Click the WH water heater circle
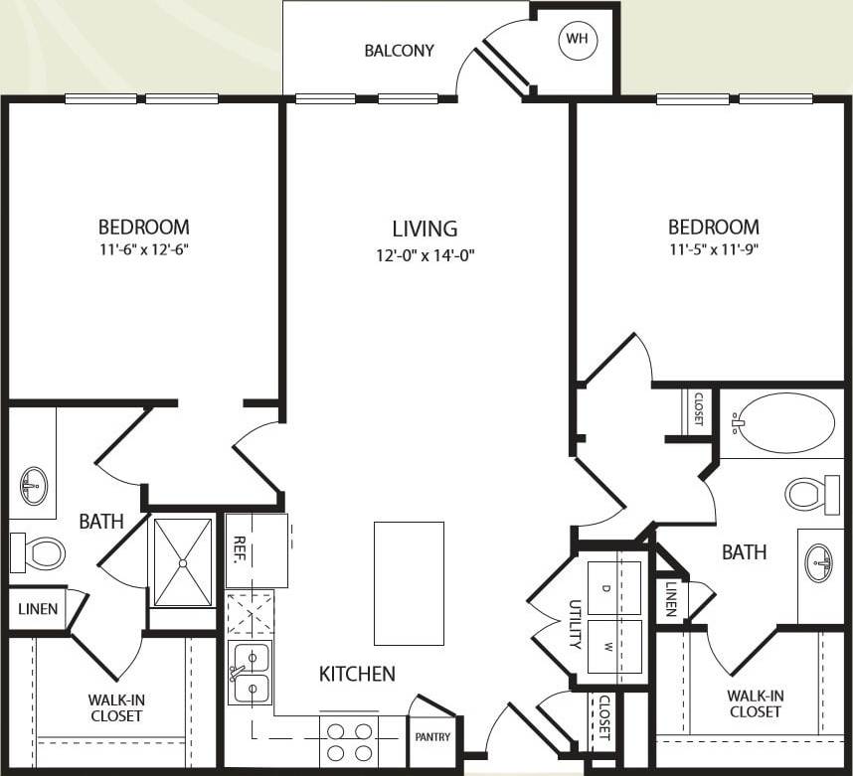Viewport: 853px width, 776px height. (577, 39)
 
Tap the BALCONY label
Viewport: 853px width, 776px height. (399, 51)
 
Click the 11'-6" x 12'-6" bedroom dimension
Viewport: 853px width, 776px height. (143, 250)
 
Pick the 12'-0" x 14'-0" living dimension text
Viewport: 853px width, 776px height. (425, 254)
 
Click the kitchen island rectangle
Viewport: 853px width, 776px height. (409, 583)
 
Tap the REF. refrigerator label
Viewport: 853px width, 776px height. (239, 550)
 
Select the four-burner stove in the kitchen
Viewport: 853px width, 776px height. (350, 741)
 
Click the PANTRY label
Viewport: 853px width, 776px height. (433, 737)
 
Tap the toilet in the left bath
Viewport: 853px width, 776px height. (37, 552)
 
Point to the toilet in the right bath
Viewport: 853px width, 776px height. (812, 494)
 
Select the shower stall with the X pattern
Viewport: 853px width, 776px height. (181, 561)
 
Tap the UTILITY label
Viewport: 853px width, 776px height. (574, 624)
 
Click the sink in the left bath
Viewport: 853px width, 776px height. (33, 487)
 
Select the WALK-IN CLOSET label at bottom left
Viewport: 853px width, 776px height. (115, 707)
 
